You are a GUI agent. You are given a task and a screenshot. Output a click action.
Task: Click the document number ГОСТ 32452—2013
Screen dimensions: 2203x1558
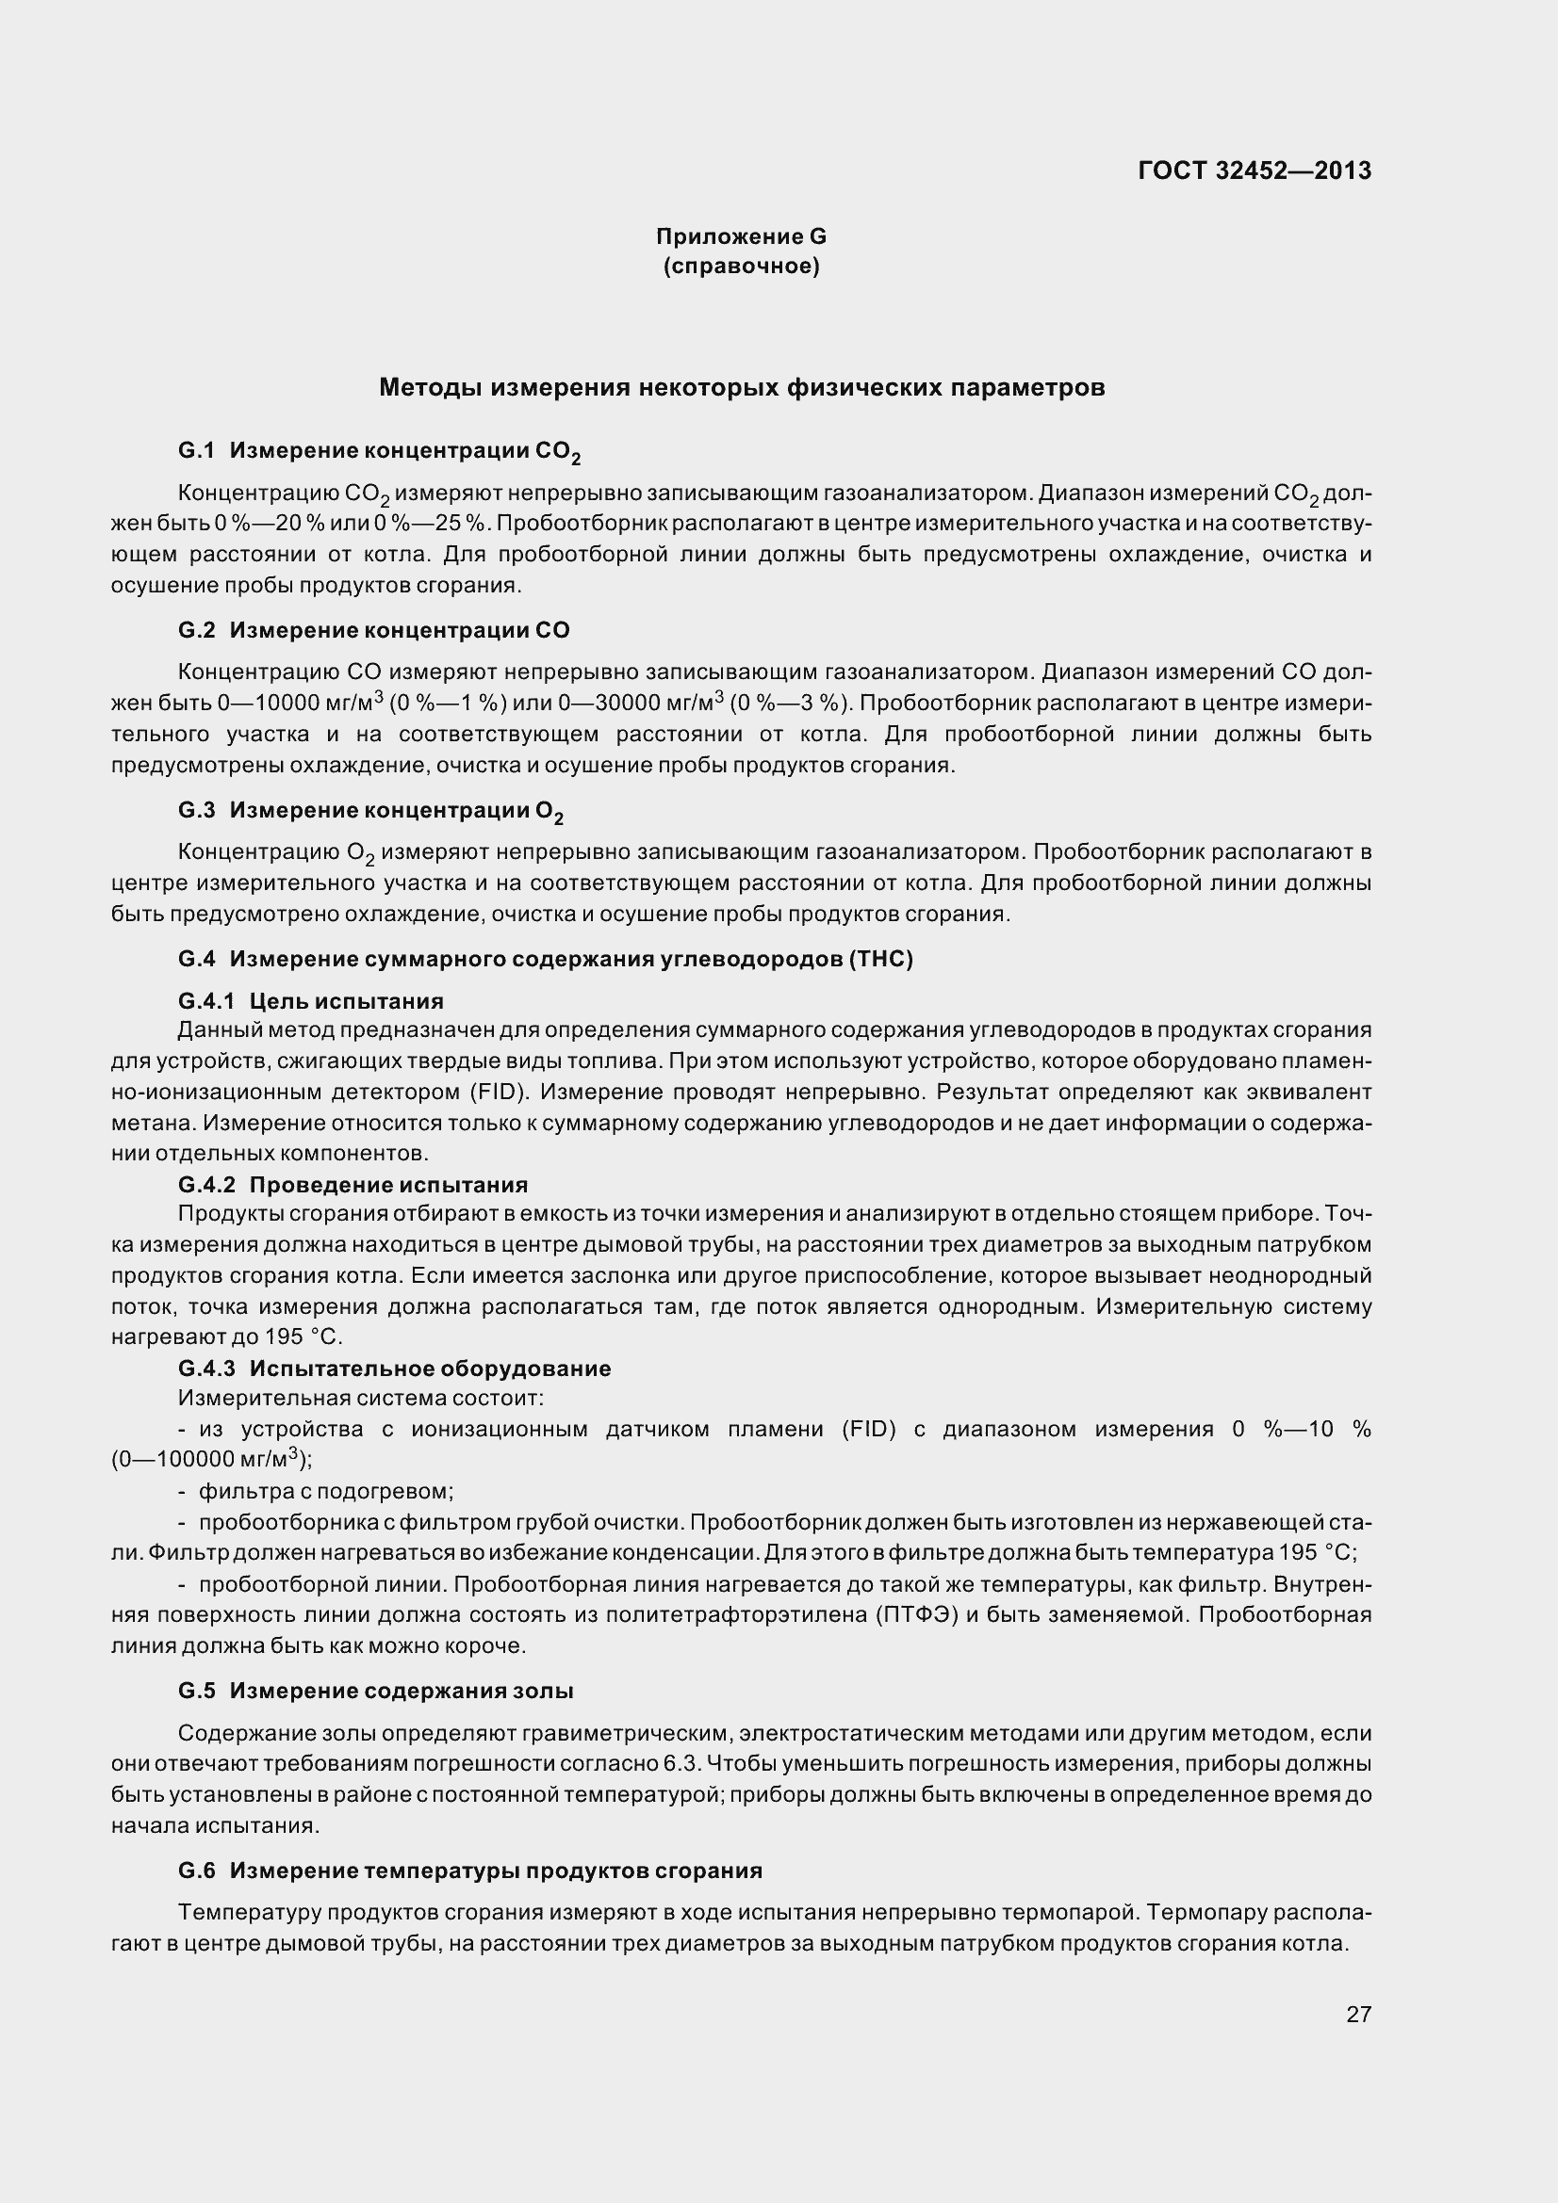[x=1254, y=170]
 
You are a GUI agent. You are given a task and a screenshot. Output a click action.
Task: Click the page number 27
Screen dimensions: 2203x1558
[x=1358, y=2014]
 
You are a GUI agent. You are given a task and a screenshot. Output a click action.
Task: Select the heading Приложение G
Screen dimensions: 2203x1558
[x=741, y=236]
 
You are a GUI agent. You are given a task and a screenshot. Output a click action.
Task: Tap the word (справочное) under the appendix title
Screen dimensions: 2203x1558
[x=741, y=267]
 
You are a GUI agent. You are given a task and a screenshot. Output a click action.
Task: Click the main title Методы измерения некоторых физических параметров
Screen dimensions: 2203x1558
[x=741, y=388]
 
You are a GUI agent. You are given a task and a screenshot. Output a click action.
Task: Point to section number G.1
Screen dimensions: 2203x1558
[x=197, y=450]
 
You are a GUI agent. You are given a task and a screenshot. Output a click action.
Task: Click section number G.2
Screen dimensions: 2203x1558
[x=197, y=630]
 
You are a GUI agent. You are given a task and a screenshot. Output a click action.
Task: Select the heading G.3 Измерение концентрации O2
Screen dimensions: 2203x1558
[x=370, y=811]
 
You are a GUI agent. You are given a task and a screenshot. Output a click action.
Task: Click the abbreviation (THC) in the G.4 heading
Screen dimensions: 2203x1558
[x=880, y=960]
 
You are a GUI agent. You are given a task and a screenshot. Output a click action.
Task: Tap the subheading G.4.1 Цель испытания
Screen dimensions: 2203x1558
[x=311, y=1002]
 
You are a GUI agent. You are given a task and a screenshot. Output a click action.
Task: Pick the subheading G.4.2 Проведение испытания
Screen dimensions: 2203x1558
[x=353, y=1185]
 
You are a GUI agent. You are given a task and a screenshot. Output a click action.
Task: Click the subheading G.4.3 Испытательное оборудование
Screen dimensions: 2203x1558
[x=395, y=1369]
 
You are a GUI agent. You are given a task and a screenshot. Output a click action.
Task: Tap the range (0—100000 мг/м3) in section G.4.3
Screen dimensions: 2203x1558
[x=211, y=1459]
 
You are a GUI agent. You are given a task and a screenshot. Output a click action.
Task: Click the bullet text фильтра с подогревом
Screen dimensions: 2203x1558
[x=325, y=1491]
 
